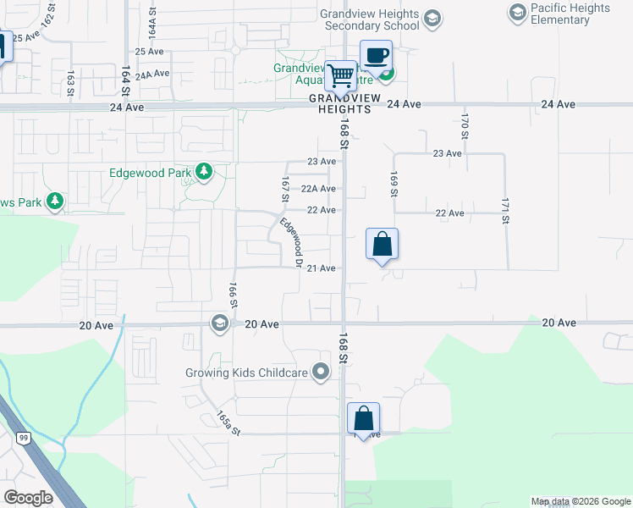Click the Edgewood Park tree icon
204,173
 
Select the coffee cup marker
376,57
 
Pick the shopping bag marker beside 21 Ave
382,244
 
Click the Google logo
29,498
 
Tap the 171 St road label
505,209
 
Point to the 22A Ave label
319,189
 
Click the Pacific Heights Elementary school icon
516,12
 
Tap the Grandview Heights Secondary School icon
432,19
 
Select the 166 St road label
232,295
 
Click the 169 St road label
394,185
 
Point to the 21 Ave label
322,268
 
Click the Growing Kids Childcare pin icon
321,372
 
